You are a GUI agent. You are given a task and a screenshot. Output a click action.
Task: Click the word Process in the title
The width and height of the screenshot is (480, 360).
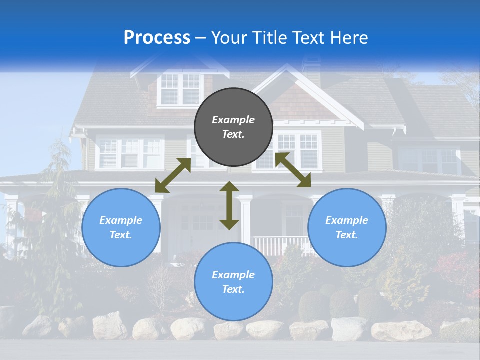(x=157, y=38)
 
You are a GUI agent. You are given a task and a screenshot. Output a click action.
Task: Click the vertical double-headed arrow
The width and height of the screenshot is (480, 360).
(x=229, y=205)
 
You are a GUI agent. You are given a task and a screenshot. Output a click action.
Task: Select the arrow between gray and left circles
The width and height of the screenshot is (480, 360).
(x=173, y=175)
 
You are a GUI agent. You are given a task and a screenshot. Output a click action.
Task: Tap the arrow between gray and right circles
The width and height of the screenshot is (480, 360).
(x=293, y=170)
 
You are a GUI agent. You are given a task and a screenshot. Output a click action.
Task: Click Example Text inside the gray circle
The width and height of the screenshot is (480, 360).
(x=233, y=127)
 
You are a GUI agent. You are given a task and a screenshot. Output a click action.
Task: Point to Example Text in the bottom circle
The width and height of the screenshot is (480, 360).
(x=233, y=282)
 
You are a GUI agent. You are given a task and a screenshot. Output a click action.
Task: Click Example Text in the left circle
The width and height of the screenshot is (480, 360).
(x=121, y=227)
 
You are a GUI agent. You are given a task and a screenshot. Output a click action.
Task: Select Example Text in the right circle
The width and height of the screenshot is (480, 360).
(x=347, y=227)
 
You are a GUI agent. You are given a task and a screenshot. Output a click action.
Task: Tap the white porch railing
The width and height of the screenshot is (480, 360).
(x=280, y=245)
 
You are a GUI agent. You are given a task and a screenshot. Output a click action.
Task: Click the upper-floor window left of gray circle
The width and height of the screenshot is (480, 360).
(x=130, y=153)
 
